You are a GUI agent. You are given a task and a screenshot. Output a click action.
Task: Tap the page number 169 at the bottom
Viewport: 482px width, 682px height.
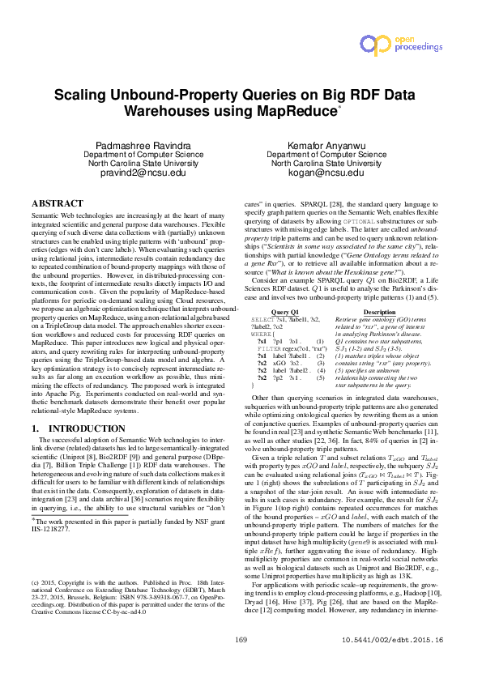pos(240,663)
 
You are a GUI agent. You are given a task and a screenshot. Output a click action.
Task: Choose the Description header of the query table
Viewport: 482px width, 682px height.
pos(380,289)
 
